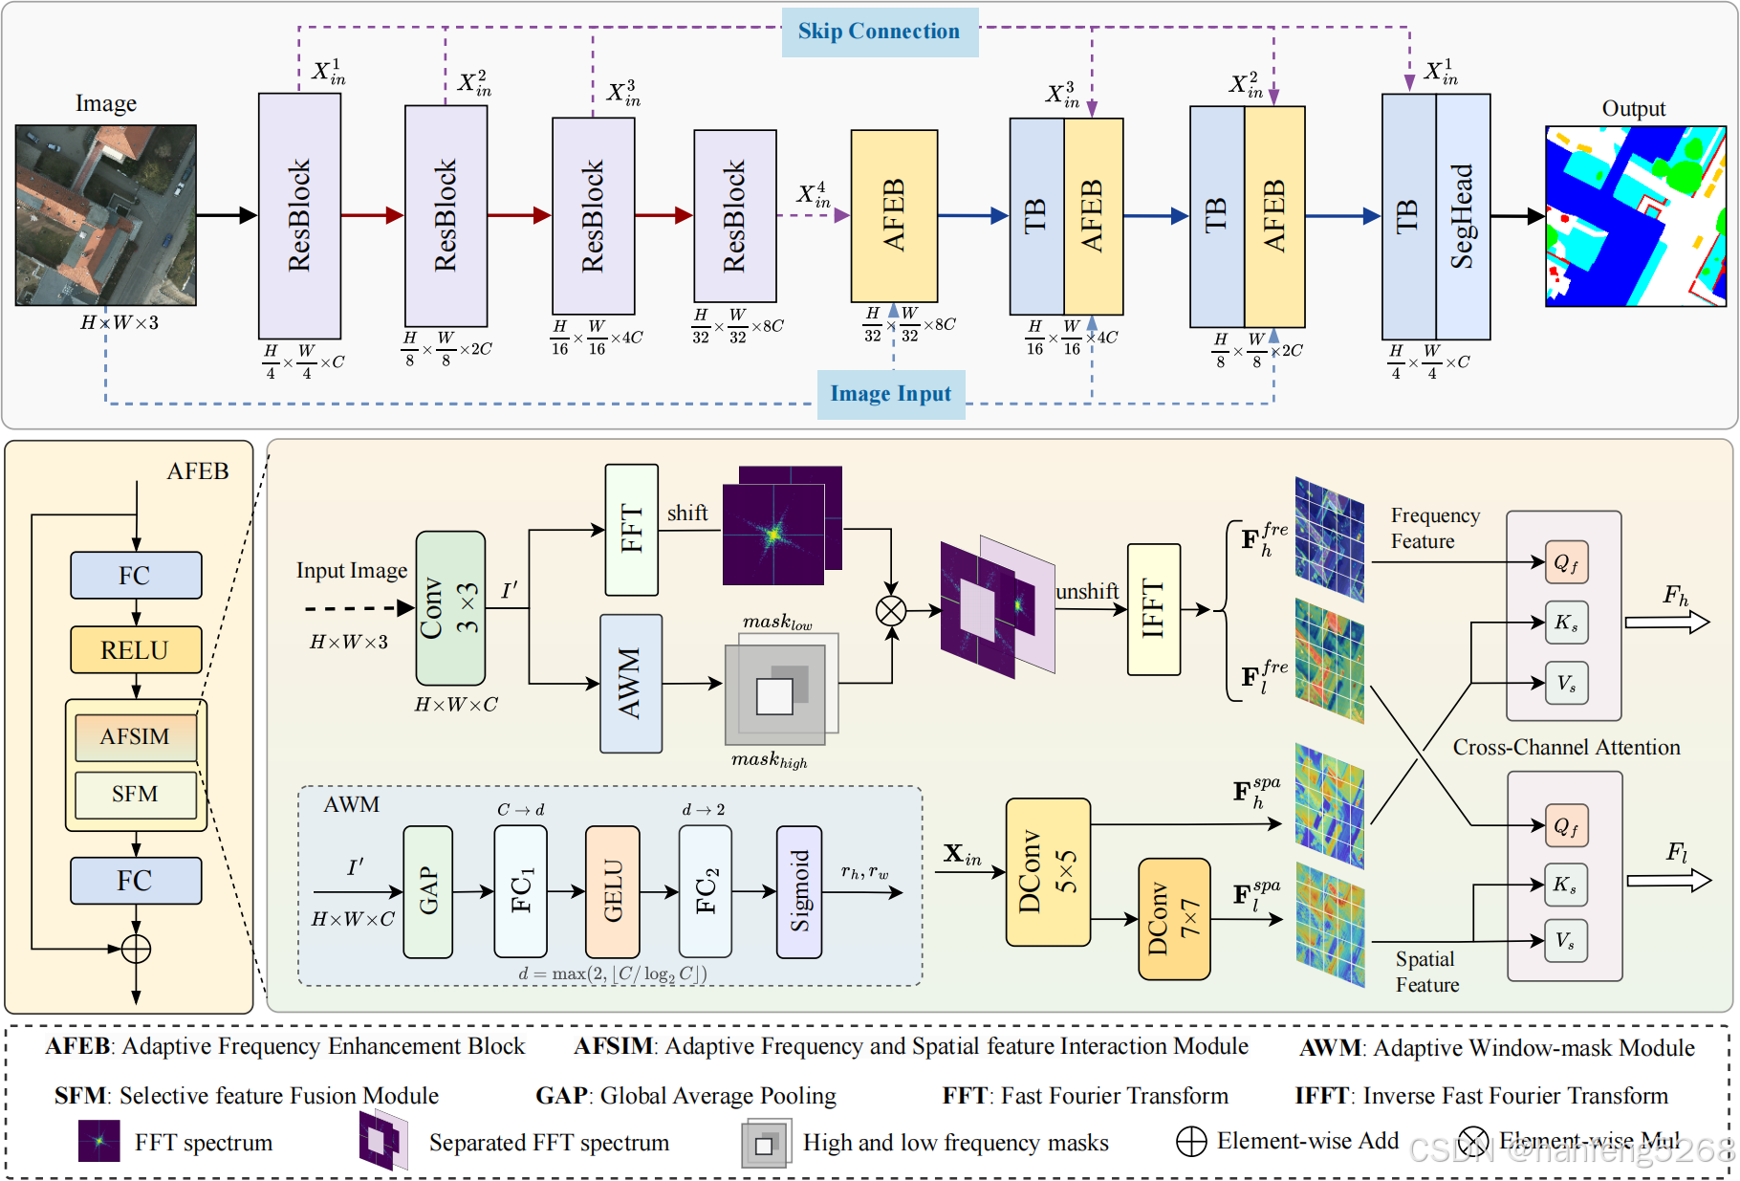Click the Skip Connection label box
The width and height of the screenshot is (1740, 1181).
(879, 32)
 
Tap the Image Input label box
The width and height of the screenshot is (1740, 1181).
(890, 394)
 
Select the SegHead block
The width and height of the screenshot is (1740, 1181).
(1463, 216)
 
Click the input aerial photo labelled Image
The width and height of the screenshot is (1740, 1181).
(106, 215)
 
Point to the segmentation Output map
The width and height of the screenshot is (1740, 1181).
(1635, 216)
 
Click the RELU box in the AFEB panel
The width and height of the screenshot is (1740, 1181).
(136, 650)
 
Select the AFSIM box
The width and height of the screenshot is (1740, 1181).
(136, 737)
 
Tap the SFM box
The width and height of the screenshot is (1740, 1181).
(136, 795)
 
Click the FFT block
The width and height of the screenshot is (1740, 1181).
(631, 530)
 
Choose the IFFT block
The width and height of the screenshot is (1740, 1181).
(1153, 609)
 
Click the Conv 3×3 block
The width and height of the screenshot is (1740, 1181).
(450, 608)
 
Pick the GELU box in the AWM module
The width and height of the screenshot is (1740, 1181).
(612, 891)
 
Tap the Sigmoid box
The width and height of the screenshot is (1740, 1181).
(799, 891)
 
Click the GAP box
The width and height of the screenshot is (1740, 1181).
(427, 891)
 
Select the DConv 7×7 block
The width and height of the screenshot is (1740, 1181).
(1173, 919)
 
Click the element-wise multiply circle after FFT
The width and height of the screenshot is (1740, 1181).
(891, 610)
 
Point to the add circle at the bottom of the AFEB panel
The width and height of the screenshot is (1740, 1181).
(136, 949)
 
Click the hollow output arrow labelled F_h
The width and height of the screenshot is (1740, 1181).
(1666, 623)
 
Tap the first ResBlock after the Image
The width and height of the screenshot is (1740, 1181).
(299, 216)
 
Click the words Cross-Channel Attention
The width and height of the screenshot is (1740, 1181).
(1566, 748)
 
